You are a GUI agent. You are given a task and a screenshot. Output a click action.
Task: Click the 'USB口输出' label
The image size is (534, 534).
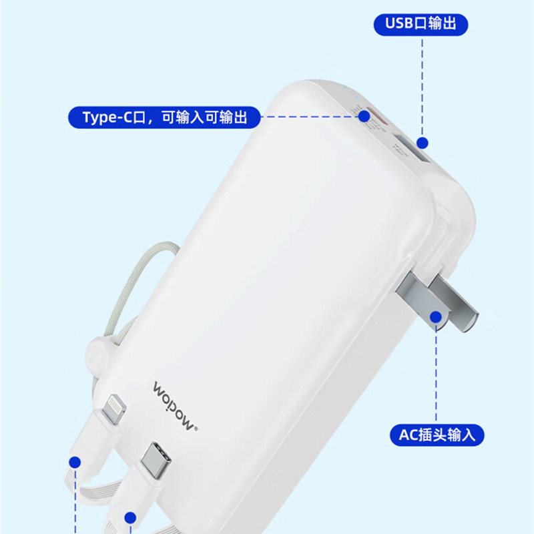tap(421, 24)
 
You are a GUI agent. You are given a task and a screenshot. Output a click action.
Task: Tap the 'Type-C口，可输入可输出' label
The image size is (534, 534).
tap(165, 117)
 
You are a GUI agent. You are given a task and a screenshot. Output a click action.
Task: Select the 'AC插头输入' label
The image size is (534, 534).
tap(437, 435)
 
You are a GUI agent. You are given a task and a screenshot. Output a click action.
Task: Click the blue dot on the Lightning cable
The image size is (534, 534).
tap(75, 462)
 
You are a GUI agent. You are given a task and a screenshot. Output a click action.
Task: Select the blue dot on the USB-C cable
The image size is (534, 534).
tap(131, 517)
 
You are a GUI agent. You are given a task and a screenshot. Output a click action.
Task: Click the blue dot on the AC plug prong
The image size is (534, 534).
tap(437, 317)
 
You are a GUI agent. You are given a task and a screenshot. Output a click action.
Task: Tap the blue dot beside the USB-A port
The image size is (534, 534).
tap(422, 142)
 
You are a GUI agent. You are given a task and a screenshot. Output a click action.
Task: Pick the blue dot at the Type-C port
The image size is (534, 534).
tap(364, 116)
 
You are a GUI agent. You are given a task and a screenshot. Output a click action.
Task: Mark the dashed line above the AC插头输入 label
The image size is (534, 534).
tap(437, 374)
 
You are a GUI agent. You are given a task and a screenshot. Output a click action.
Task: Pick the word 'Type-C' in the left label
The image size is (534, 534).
tap(107, 117)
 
